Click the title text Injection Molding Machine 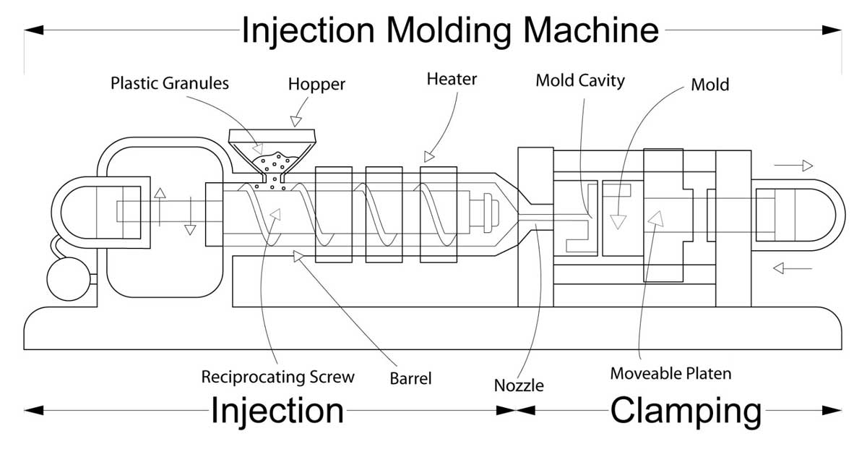(450, 31)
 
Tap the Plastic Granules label (170, 83)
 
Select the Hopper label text (316, 85)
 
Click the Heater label (452, 79)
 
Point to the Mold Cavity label (580, 81)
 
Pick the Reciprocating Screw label (277, 377)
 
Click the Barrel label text (410, 378)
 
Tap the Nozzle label (519, 385)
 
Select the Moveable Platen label (670, 373)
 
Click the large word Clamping (686, 412)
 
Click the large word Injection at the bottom (277, 412)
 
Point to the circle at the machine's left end (69, 279)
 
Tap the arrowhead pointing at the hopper (296, 121)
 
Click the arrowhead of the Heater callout (428, 156)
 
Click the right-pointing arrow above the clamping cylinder (793, 166)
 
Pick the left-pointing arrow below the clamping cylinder (793, 268)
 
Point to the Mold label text (710, 85)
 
